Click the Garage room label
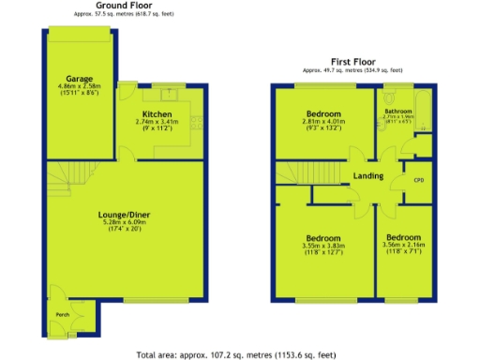[x=77, y=78]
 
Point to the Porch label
[x=62, y=314]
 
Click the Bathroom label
[x=398, y=110]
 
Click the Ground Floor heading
[x=124, y=5]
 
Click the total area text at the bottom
[x=236, y=355]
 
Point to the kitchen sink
[x=172, y=92]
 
